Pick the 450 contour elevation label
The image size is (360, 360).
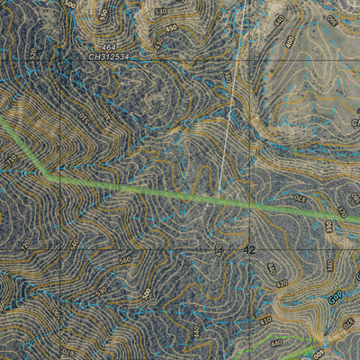[171, 29]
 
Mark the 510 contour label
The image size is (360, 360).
[160, 12]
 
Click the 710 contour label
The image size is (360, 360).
[12, 160]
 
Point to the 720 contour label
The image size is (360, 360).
[24, 243]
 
